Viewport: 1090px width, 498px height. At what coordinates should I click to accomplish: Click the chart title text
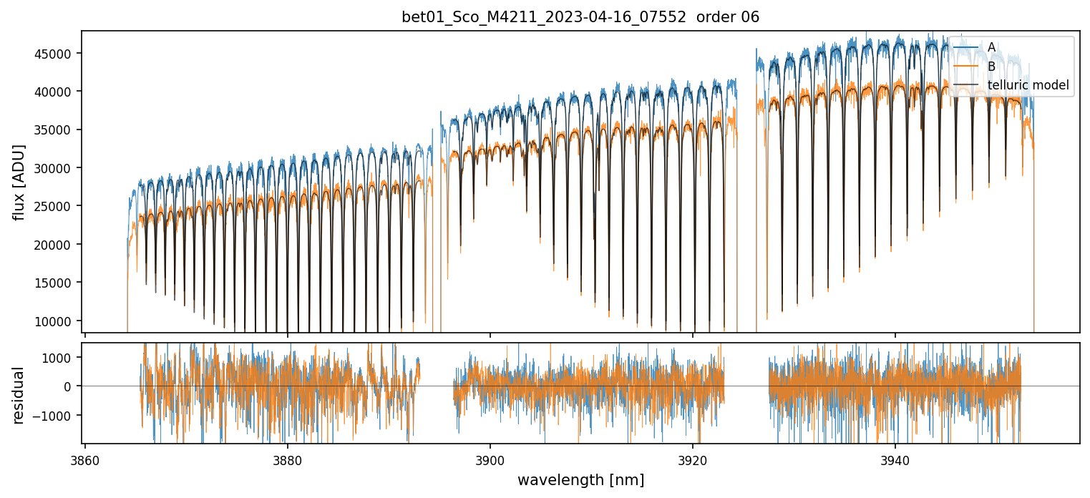tap(580, 17)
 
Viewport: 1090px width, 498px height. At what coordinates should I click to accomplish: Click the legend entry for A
tap(991, 47)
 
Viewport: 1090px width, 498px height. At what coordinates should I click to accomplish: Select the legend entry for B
tap(991, 67)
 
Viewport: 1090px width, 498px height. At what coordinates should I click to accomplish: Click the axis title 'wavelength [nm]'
tap(580, 479)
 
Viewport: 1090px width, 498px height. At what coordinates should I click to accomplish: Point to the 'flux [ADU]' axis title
tap(19, 182)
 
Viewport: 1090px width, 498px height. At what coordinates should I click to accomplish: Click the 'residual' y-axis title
tap(19, 395)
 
